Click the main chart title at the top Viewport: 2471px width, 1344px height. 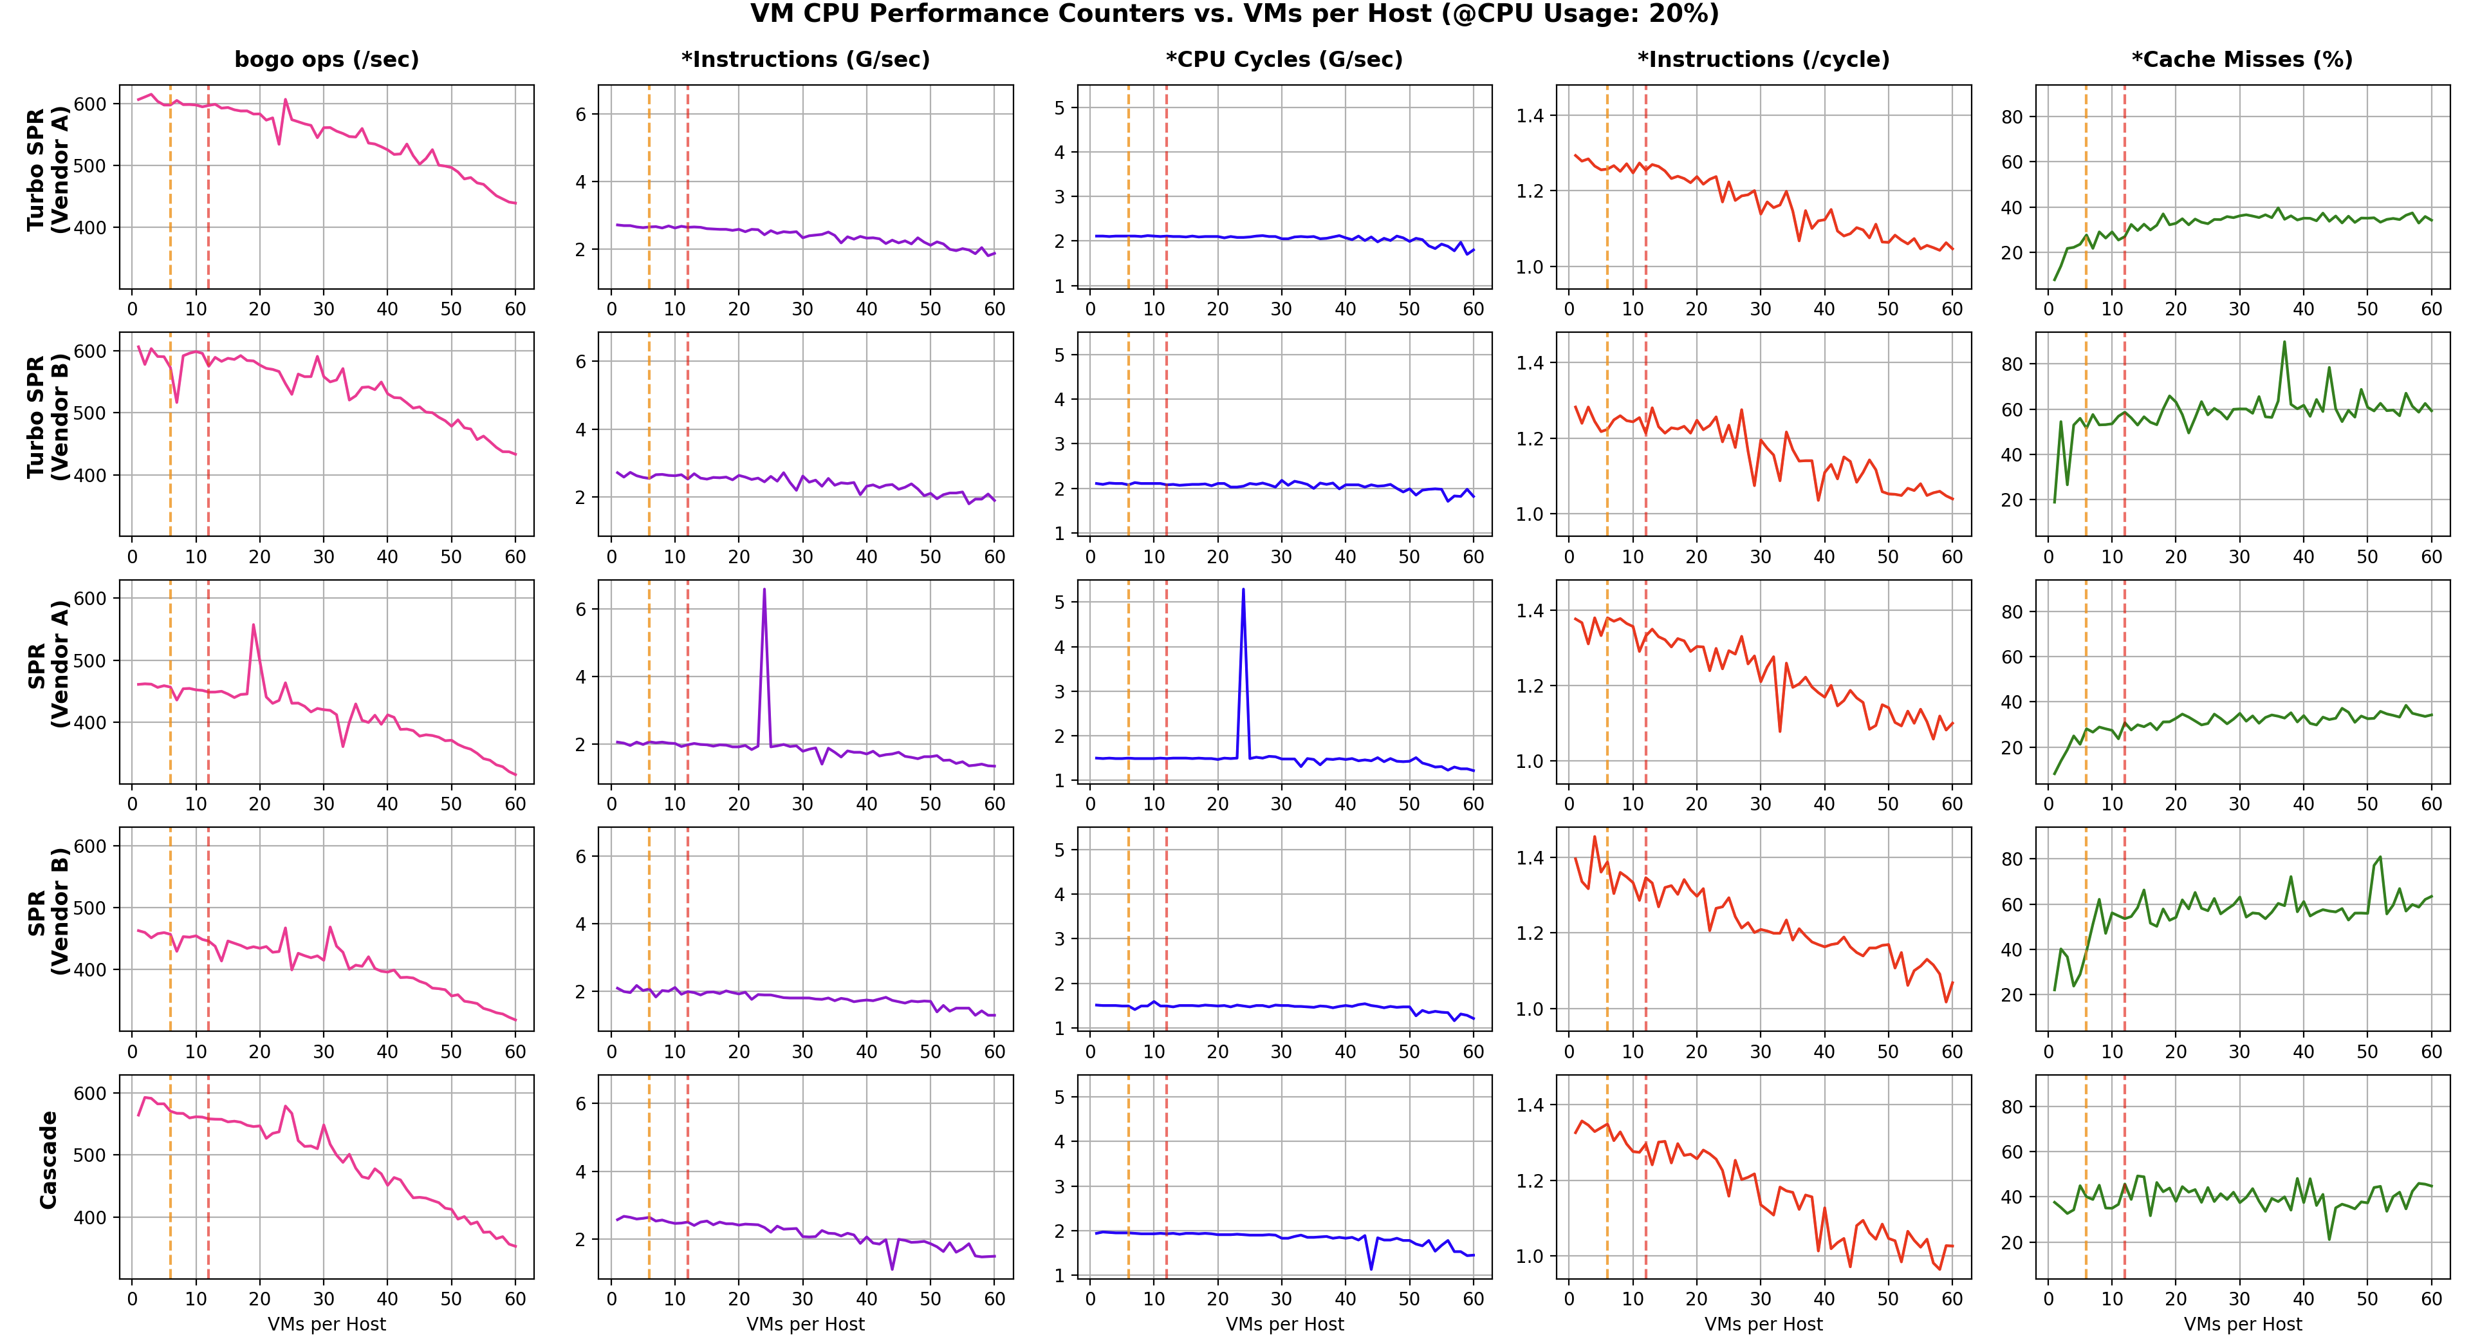[1235, 14]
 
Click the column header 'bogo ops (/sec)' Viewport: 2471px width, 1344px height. [327, 59]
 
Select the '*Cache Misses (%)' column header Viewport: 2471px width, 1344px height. [2242, 59]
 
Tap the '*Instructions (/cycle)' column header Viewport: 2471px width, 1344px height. [1763, 59]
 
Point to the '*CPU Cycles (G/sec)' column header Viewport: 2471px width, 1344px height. [1284, 59]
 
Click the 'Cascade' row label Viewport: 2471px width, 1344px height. [48, 1160]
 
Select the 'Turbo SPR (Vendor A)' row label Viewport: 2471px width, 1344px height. [48, 171]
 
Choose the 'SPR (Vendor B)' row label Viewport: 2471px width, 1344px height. [48, 911]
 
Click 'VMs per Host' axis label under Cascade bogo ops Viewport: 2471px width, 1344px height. [327, 1324]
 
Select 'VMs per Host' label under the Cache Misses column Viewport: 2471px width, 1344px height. [2243, 1324]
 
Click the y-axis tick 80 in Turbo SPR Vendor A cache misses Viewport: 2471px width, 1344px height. [2012, 117]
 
